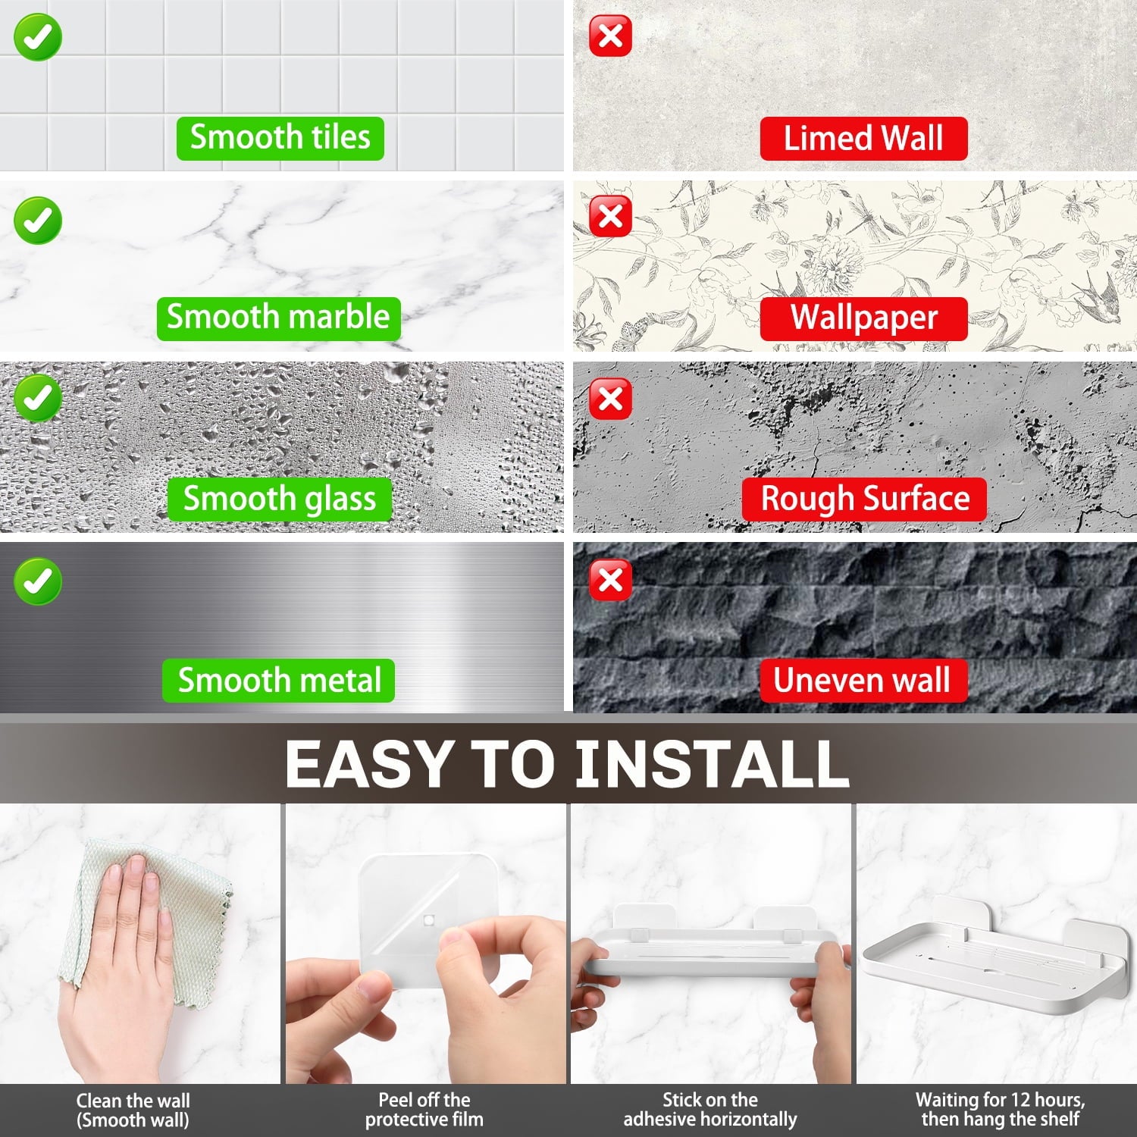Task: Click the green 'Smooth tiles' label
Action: click(x=280, y=138)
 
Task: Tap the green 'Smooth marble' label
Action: click(x=278, y=318)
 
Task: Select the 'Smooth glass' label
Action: click(x=279, y=499)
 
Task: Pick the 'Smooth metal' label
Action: click(x=278, y=680)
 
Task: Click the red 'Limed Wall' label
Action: click(x=863, y=139)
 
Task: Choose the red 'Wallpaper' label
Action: click(x=864, y=318)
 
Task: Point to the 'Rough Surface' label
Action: click(x=864, y=500)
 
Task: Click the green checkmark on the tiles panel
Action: click(x=37, y=37)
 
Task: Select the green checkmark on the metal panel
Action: click(x=37, y=581)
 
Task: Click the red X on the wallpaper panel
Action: click(x=611, y=217)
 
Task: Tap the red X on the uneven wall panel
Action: click(x=611, y=581)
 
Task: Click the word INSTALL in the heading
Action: click(x=712, y=763)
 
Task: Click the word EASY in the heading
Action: click(x=368, y=763)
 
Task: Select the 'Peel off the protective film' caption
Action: click(x=424, y=1110)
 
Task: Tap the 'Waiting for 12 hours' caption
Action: click(x=1000, y=1100)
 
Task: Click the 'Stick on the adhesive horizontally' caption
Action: click(x=710, y=1110)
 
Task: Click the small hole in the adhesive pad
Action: click(x=429, y=920)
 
